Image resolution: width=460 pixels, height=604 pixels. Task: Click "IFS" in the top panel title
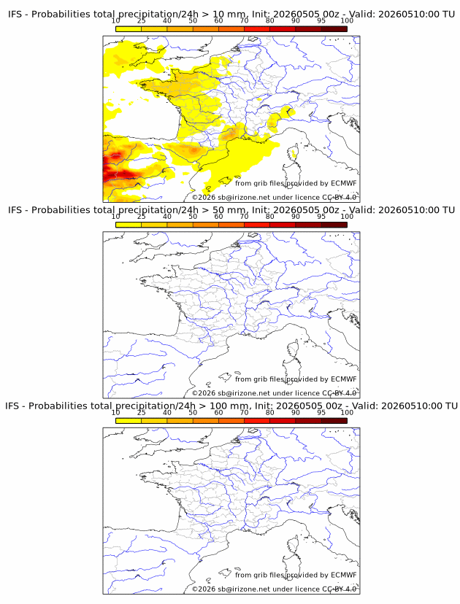(x=15, y=15)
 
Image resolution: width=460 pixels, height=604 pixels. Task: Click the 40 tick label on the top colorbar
(x=167, y=21)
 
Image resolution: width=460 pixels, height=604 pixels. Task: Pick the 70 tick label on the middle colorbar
(x=244, y=217)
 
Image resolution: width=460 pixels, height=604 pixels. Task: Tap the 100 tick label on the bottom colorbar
(x=347, y=413)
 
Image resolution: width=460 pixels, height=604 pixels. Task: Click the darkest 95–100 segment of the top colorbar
(x=334, y=29)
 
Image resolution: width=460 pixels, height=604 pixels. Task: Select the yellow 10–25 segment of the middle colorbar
(x=129, y=225)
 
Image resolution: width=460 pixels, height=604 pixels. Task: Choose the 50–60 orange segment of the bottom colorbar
(x=205, y=421)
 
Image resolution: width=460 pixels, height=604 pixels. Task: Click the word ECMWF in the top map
(x=344, y=183)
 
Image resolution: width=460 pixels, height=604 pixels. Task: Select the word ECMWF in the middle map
(x=344, y=379)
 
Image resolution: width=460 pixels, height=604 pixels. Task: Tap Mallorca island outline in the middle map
(x=225, y=376)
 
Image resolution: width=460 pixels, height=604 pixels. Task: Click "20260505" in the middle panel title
(x=296, y=210)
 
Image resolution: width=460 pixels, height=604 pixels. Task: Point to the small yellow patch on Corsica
(x=294, y=155)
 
